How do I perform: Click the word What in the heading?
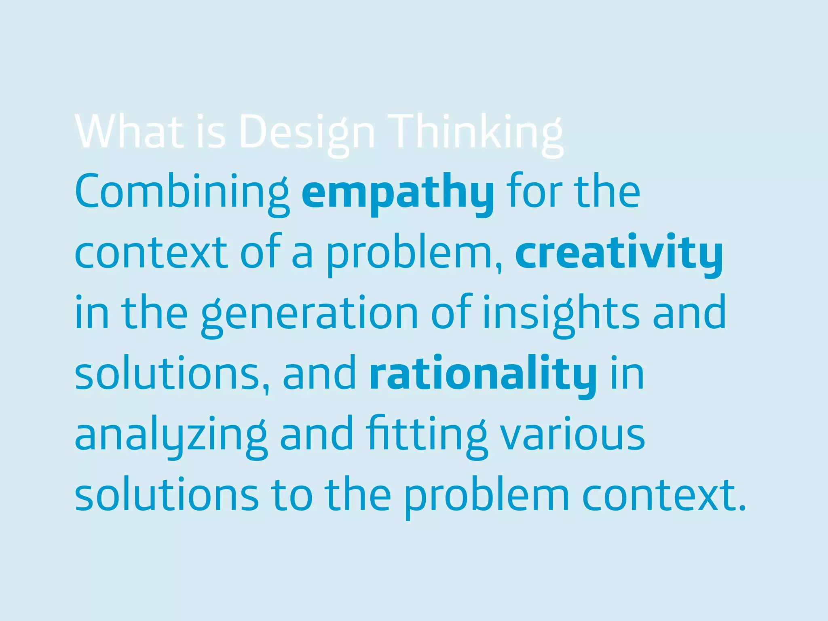[129, 132]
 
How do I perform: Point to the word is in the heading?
[211, 132]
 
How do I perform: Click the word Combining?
[182, 192]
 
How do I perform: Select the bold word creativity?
[619, 253]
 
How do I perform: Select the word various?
[572, 435]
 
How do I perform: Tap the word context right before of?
[151, 253]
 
